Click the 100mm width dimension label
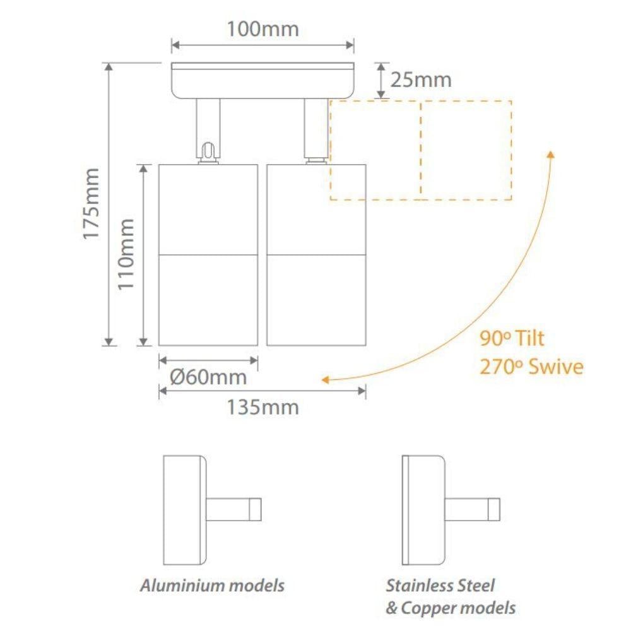262,29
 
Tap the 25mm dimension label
421,80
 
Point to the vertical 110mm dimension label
127,254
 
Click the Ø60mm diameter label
208,377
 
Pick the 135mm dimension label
262,407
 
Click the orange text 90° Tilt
512,338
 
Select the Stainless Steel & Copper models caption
451,596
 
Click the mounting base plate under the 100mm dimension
262,81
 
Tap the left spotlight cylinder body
208,254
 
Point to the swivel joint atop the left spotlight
208,151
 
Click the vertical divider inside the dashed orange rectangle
421,150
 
